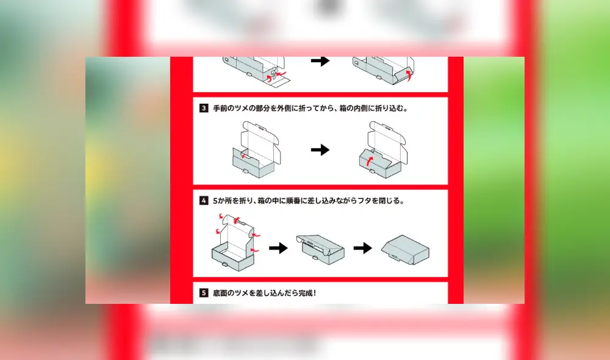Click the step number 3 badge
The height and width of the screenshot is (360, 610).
pyautogui.click(x=204, y=108)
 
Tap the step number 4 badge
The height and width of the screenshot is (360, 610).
pyautogui.click(x=204, y=200)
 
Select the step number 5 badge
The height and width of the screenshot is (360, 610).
pyautogui.click(x=204, y=293)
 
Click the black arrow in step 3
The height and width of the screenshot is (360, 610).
pyautogui.click(x=320, y=149)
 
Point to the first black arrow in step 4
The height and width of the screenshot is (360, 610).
pyautogui.click(x=278, y=248)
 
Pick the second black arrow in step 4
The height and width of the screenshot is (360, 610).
pyautogui.click(x=362, y=248)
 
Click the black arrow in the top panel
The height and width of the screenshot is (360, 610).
pyautogui.click(x=320, y=61)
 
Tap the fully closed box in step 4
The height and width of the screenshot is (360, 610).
pyautogui.click(x=405, y=250)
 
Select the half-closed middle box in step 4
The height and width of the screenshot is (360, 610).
pyautogui.click(x=320, y=250)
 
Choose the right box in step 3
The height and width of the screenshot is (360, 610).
pyautogui.click(x=383, y=149)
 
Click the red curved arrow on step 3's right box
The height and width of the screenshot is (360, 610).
pyautogui.click(x=370, y=160)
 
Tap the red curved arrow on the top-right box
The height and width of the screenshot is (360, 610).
pyautogui.click(x=409, y=74)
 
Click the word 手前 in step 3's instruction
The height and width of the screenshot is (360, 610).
pyautogui.click(x=220, y=108)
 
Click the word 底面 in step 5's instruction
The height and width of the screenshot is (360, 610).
pyautogui.click(x=220, y=293)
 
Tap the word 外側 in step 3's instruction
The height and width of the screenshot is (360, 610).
pyautogui.click(x=284, y=108)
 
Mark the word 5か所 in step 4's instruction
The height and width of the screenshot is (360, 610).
pyautogui.click(x=222, y=200)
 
